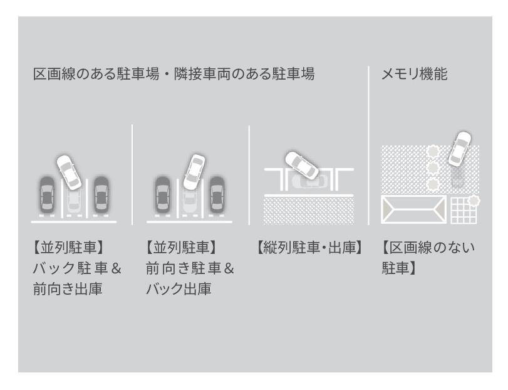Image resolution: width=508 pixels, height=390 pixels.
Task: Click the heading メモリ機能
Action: tap(415, 74)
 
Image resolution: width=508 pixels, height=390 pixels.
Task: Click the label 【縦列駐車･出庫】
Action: tap(309, 248)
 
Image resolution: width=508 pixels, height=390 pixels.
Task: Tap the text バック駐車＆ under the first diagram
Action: tap(77, 268)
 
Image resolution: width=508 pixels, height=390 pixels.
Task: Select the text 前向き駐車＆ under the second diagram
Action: tap(190, 268)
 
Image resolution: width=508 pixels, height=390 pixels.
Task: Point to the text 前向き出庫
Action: tap(68, 288)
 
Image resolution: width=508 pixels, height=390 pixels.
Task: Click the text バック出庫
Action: tap(179, 288)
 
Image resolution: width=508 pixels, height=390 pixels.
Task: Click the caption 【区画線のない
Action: tap(428, 248)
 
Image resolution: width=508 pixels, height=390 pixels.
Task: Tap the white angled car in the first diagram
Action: tap(69, 172)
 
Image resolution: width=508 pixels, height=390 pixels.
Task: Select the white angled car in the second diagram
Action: tap(194, 172)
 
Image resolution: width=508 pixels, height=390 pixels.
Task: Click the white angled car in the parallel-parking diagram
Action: tap(302, 166)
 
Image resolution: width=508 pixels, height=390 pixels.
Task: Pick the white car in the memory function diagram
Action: tap(459, 148)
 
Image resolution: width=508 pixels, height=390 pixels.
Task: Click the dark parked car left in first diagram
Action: tap(47, 194)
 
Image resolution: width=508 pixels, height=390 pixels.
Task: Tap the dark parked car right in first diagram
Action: tap(101, 194)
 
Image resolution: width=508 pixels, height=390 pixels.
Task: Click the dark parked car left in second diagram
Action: tap(162, 194)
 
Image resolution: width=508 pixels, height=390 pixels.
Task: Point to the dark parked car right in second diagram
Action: tap(217, 194)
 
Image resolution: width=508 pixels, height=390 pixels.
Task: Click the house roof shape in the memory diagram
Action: tap(413, 209)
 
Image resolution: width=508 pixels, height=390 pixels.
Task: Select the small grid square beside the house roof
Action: tap(464, 211)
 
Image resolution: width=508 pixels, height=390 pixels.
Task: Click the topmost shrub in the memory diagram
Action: tap(432, 151)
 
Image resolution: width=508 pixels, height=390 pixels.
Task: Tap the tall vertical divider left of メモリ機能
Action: tap(369, 145)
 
